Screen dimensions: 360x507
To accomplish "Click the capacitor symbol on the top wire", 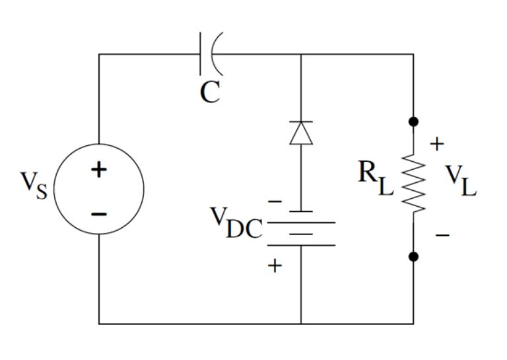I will click(211, 54).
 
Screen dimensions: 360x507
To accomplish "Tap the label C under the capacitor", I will click(209, 93).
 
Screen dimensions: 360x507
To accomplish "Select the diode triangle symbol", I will click(301, 132).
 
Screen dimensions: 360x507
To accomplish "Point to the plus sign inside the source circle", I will click(98, 170).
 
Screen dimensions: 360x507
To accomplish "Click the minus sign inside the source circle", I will click(98, 213).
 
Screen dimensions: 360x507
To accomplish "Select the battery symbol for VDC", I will click(301, 228).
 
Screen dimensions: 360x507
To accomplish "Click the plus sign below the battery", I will click(275, 266).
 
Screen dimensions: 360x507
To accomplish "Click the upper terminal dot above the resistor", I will click(414, 122).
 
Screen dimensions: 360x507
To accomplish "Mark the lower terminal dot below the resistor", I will click(414, 257).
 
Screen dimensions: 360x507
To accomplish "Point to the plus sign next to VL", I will click(438, 144).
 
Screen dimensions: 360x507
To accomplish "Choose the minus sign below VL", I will click(442, 234).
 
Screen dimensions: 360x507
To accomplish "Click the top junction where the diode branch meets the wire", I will click(301, 54).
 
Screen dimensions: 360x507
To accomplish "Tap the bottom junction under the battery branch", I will click(301, 324).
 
